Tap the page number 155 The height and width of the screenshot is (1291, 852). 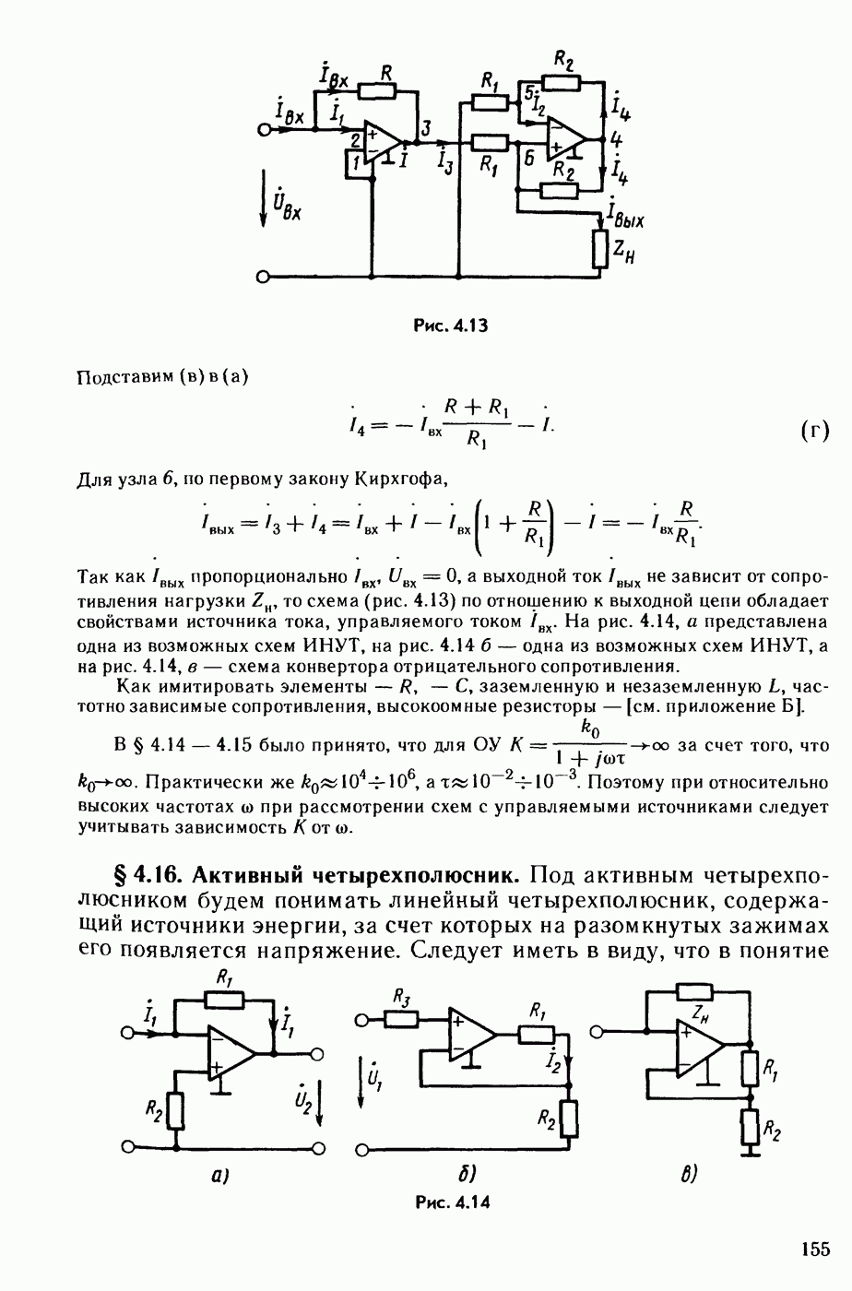[x=814, y=1250]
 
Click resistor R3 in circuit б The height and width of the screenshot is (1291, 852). [x=400, y=1019]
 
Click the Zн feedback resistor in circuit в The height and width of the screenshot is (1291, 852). [x=693, y=992]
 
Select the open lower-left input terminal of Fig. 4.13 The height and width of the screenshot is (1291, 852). [x=265, y=277]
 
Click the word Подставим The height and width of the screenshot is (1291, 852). [x=117, y=376]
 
